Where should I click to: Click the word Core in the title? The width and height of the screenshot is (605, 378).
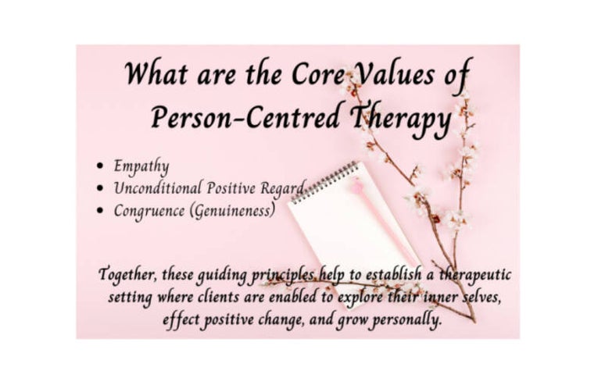click(x=317, y=74)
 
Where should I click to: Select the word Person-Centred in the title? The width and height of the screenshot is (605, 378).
click(x=246, y=116)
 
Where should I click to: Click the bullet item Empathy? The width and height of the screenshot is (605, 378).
click(x=141, y=166)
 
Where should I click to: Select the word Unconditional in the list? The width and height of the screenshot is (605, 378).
click(x=157, y=188)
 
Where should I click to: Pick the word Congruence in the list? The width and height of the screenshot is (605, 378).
click(x=149, y=211)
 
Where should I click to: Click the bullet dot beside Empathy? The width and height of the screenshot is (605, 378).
click(x=101, y=166)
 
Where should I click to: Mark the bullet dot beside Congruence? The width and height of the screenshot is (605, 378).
click(x=101, y=210)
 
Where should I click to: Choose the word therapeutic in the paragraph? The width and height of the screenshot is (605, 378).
click(x=475, y=275)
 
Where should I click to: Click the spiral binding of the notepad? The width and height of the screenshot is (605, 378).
click(x=325, y=182)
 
